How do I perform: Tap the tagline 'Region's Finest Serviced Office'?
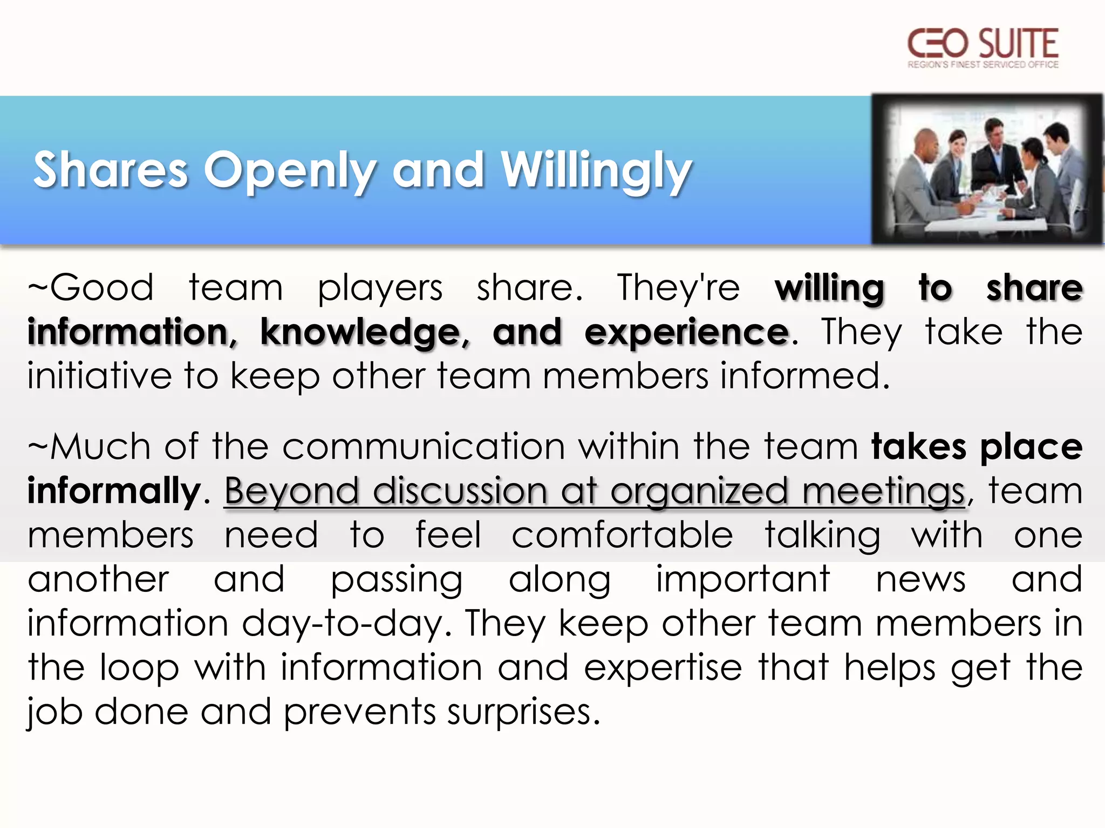(x=983, y=65)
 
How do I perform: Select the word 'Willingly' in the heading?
(x=596, y=171)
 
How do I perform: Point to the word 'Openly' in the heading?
(x=290, y=171)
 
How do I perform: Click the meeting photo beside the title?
(x=987, y=169)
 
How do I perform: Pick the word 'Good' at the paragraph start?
(x=102, y=287)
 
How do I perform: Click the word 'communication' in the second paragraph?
(x=424, y=446)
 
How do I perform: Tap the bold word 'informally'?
(x=114, y=491)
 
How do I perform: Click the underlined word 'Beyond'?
(x=292, y=492)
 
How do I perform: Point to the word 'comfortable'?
(x=622, y=535)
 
